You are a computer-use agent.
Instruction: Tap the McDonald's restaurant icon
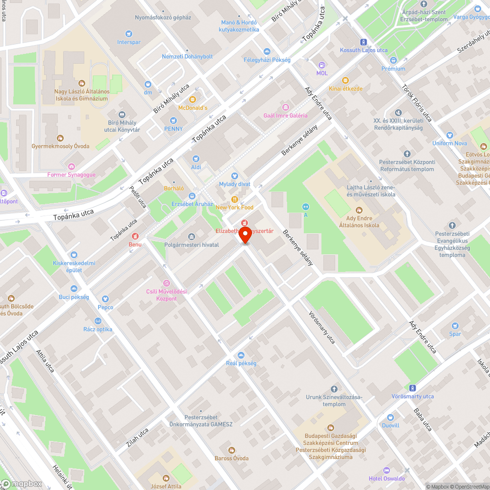[193, 99]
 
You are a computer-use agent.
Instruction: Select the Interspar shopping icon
[128, 34]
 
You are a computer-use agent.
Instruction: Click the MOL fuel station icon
[322, 65]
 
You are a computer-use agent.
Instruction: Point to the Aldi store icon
[196, 159]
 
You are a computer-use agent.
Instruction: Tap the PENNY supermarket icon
[173, 121]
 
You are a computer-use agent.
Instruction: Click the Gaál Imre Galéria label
[285, 116]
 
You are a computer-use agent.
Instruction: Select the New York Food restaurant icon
[235, 199]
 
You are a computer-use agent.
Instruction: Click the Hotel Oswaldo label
[387, 478]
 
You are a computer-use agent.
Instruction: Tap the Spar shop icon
[455, 325]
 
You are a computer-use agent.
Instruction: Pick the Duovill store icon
[391, 417]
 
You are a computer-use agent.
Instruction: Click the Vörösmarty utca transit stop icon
[413, 388]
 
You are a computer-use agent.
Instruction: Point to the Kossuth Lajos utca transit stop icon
[364, 42]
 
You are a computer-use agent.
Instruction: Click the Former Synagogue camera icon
[72, 167]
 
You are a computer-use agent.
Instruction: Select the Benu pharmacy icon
[131, 236]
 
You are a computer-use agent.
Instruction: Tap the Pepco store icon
[105, 299]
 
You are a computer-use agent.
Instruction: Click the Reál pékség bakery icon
[241, 355]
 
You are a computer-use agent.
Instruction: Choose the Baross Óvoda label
[231, 458]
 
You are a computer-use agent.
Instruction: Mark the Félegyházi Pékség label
[267, 60]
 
